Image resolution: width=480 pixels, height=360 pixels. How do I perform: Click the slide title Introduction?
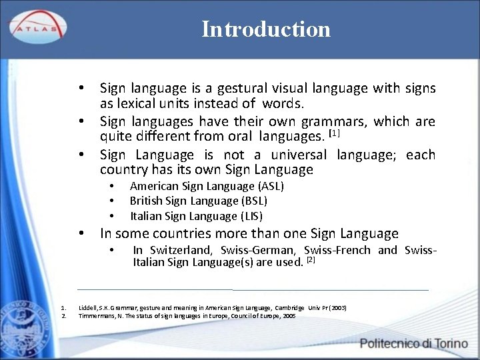tap(266, 29)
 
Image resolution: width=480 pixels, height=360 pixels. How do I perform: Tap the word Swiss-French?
tap(337, 250)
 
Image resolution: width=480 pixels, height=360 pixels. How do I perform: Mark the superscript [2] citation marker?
tap(310, 260)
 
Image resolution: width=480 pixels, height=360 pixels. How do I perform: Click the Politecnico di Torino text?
tap(415, 343)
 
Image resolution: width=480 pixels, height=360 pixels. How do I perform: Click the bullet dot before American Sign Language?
tap(114, 186)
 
